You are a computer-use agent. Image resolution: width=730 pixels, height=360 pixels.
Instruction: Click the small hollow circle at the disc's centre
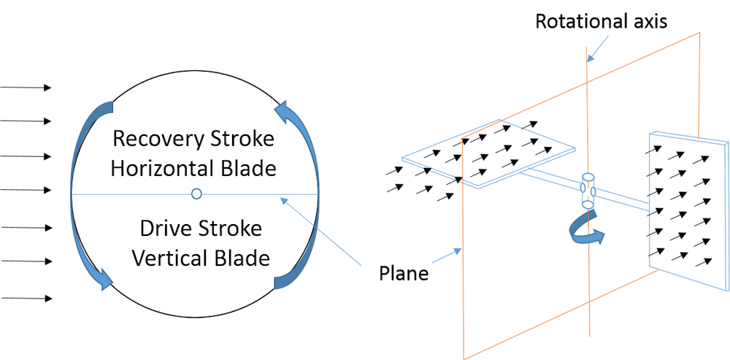[x=196, y=194]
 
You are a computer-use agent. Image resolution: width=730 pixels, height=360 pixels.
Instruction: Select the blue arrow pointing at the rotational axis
[x=599, y=49]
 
